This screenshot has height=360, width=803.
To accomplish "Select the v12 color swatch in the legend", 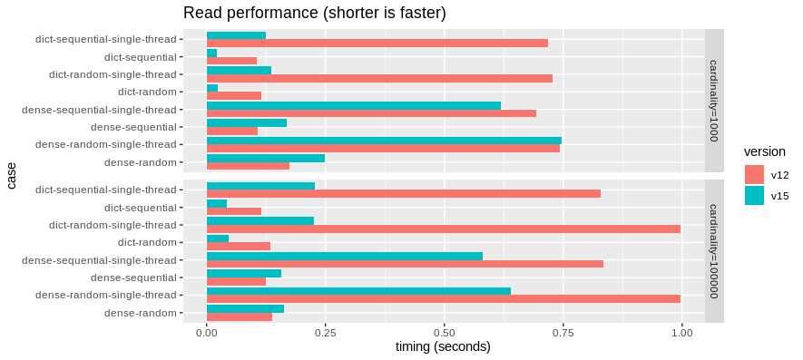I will click(x=755, y=174).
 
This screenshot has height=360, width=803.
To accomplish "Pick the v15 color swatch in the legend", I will click(x=755, y=195).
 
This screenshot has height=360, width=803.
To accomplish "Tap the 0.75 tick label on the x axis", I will click(x=563, y=332).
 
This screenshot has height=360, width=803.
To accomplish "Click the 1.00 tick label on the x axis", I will click(x=681, y=332).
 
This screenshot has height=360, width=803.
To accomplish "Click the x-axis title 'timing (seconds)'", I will click(x=443, y=347).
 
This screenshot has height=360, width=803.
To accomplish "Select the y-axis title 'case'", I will click(x=12, y=175).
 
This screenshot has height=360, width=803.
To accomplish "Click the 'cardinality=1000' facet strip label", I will click(x=714, y=100).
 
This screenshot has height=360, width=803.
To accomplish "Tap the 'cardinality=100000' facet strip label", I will click(x=714, y=250).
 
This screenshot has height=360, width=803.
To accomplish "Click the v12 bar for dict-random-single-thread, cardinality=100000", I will click(x=444, y=229).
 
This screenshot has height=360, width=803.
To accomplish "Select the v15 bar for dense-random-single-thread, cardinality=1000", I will click(x=384, y=141).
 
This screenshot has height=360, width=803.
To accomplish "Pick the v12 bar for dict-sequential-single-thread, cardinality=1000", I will click(x=377, y=43).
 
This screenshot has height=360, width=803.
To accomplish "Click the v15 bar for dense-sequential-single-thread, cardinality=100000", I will click(x=345, y=256).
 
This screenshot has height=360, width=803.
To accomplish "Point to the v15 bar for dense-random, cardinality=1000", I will click(x=266, y=158).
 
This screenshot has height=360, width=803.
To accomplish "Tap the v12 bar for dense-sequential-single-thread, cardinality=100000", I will click(x=405, y=264).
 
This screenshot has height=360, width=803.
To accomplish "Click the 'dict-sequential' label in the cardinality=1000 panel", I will click(x=141, y=57).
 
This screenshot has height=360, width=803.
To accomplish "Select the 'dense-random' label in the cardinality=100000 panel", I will click(x=140, y=313).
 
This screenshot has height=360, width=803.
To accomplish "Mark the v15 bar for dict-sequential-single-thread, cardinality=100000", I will click(x=260, y=186).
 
